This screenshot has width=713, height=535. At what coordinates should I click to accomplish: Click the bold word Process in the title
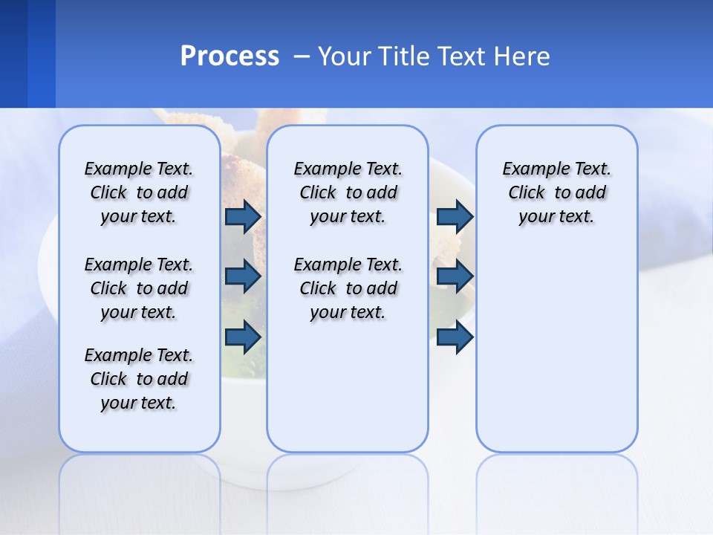(x=229, y=56)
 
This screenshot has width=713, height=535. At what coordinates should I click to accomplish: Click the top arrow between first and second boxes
(x=243, y=216)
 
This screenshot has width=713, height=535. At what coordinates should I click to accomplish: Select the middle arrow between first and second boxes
(x=243, y=276)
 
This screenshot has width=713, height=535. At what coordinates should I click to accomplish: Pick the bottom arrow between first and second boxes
(x=243, y=337)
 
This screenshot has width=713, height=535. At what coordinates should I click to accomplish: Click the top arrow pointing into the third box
(x=455, y=216)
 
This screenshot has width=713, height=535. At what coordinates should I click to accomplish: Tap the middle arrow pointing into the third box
(x=455, y=276)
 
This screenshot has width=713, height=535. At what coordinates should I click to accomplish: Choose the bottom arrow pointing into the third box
(x=455, y=337)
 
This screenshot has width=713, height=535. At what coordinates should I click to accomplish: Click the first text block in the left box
(x=139, y=192)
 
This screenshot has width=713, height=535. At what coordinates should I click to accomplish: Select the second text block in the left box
(x=139, y=288)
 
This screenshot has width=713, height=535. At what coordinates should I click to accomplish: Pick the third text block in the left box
(x=139, y=379)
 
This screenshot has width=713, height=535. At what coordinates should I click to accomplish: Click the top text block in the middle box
(x=348, y=192)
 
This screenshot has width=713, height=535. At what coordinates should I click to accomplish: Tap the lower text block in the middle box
(x=348, y=288)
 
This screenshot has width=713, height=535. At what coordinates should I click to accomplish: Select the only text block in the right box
(x=556, y=192)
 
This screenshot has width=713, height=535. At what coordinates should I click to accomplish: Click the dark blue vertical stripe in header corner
(x=13, y=53)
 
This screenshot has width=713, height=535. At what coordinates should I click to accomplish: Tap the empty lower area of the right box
(x=556, y=349)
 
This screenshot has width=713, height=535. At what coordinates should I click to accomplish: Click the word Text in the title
(x=462, y=56)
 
